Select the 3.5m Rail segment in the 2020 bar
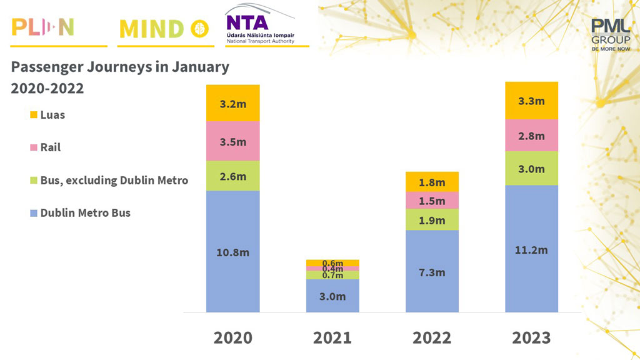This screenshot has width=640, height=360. pyautogui.click(x=232, y=141)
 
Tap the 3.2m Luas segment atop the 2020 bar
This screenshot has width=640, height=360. pyautogui.click(x=232, y=103)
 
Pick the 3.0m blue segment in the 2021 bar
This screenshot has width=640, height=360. pyautogui.click(x=332, y=296)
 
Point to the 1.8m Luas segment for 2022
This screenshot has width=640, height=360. pyautogui.click(x=432, y=182)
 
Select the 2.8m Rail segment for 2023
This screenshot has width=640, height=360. pyautogui.click(x=531, y=136)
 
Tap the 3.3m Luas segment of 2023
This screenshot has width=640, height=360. pyautogui.click(x=531, y=101)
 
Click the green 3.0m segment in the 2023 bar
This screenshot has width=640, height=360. pyautogui.click(x=531, y=169)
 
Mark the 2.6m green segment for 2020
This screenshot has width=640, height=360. pyautogui.click(x=232, y=176)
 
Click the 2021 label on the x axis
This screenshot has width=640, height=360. pyautogui.click(x=332, y=337)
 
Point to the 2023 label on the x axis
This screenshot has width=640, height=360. pyautogui.click(x=531, y=337)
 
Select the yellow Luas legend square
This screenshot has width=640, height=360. pyautogui.click(x=34, y=115)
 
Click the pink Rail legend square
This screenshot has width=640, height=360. pyautogui.click(x=34, y=148)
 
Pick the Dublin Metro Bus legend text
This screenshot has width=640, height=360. pyautogui.click(x=86, y=213)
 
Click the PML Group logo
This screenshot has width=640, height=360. pyautogui.click(x=610, y=34)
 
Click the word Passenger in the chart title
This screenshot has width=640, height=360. pyautogui.click(x=44, y=67)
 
